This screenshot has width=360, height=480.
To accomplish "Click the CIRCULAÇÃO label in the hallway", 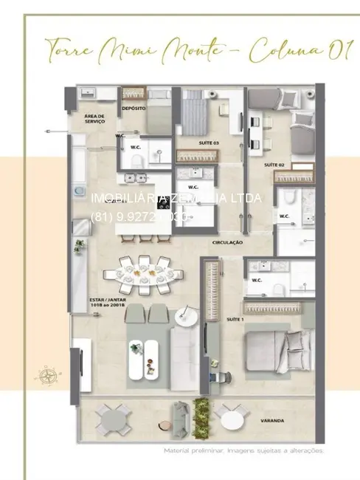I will coord(228,242).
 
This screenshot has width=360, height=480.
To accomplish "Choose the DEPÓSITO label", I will coord(133,108).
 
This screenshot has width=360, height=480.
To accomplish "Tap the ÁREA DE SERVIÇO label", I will coord(95,118).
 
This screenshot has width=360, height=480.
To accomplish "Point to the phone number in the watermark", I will coord(141,217).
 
